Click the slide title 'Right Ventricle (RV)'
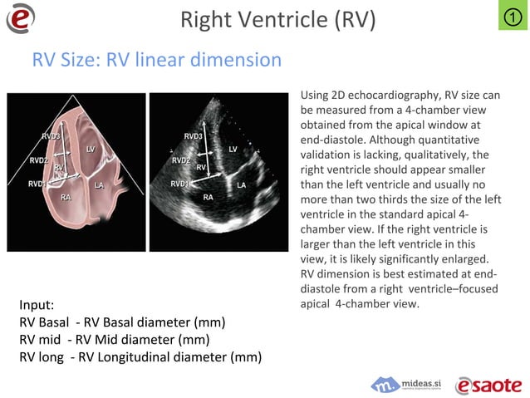277,19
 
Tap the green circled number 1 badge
513,16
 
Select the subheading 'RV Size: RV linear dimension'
156,61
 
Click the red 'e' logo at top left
20,18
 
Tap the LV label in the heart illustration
91,149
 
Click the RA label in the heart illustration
66,197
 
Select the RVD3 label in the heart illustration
52,135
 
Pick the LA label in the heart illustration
99,184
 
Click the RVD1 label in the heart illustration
37,184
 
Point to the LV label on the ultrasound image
233,149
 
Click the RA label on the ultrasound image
208,197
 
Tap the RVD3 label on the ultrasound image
194,135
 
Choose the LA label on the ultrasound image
241,184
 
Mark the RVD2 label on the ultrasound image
180,160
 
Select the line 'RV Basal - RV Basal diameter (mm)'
122,322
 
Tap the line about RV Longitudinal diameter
140,358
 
